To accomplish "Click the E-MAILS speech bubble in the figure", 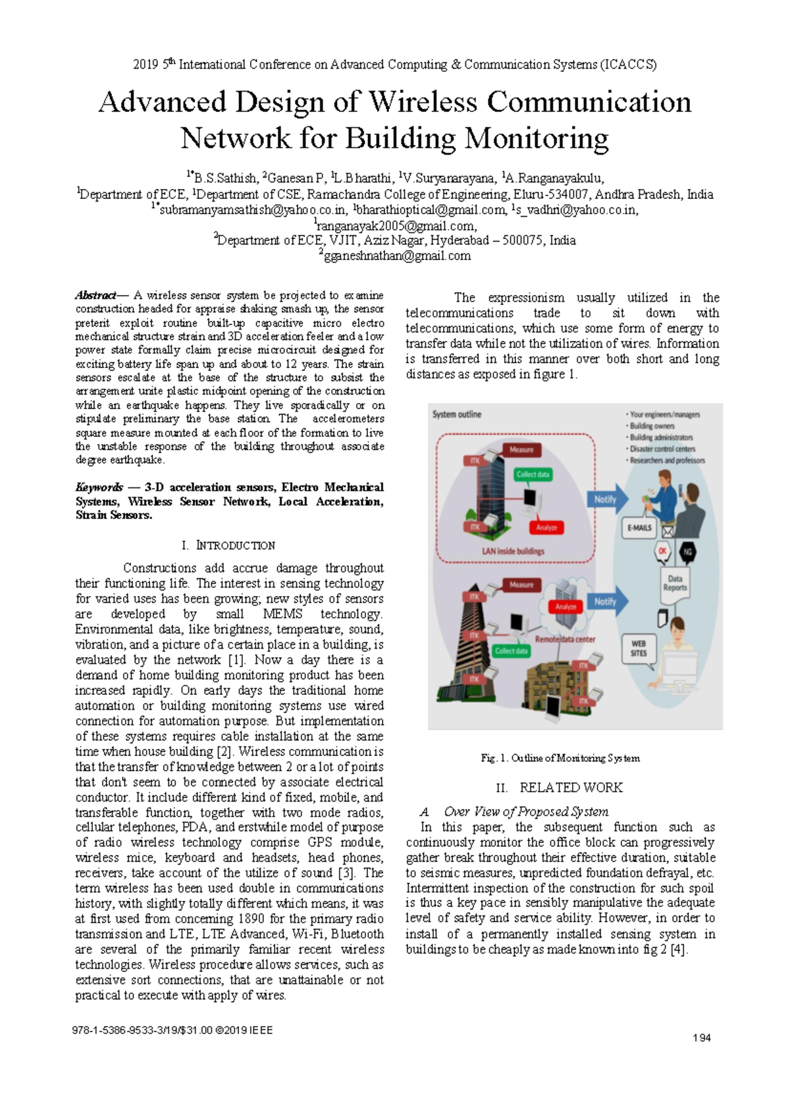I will point(639,528).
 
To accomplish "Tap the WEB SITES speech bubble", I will point(639,648).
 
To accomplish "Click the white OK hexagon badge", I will point(662,551).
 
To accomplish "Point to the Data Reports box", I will point(675,583).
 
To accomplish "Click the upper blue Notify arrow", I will point(607,499).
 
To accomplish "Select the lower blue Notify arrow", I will point(607,601).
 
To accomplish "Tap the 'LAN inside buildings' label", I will point(513,551).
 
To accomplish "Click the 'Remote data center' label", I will point(565,639).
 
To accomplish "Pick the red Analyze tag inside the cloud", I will point(566,606).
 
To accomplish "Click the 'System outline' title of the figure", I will point(456,414).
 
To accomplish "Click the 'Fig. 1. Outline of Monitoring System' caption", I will point(560,758).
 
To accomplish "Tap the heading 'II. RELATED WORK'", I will point(559,787).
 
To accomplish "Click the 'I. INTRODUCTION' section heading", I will point(228,545).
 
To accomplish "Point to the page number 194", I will point(702,1037).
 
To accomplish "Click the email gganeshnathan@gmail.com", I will point(395,256).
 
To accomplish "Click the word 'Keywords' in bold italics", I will point(99,487).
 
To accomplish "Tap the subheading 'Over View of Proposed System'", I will point(525,811).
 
